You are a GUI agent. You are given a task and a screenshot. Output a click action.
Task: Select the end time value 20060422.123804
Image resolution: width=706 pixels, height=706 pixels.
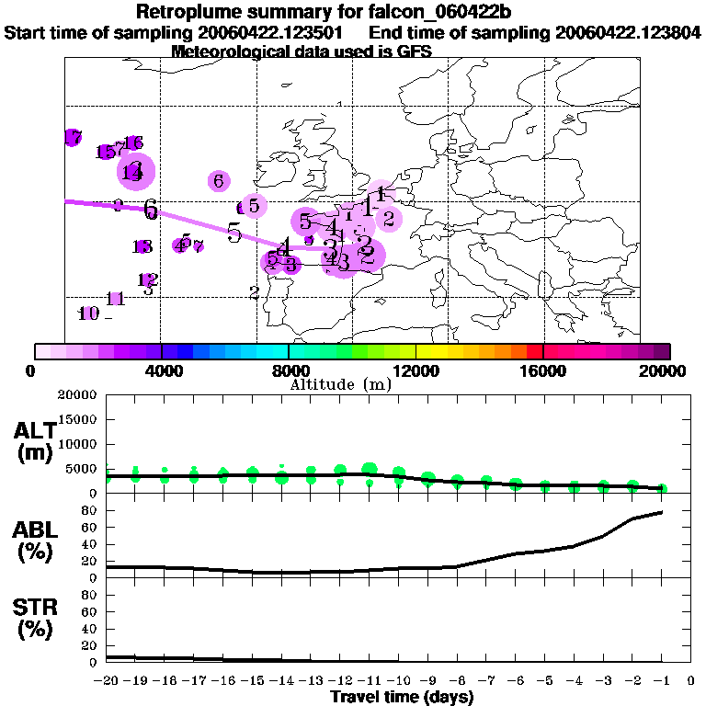pos(628,33)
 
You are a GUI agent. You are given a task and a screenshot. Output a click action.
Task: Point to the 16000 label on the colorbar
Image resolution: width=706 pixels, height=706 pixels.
pos(543,370)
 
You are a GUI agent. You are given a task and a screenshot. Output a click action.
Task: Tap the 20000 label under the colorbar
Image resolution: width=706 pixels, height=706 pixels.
pos(670,370)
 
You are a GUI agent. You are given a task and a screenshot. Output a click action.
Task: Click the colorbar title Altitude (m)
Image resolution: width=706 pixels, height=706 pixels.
pos(340,384)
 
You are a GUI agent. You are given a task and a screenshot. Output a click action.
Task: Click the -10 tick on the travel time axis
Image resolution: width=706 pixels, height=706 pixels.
pos(399,681)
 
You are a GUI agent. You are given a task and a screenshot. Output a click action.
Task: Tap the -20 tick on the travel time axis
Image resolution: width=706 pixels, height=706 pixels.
pos(108,681)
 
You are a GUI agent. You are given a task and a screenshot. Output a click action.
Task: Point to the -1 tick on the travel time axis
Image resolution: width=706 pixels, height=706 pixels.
pos(661,681)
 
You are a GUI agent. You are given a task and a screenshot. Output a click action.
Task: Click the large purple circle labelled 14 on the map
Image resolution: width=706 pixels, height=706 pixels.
pos(135,171)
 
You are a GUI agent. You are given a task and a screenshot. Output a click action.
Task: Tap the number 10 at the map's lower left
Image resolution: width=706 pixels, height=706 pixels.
pos(88,313)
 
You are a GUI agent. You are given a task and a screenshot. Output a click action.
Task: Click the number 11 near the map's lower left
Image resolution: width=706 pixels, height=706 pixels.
pos(116,299)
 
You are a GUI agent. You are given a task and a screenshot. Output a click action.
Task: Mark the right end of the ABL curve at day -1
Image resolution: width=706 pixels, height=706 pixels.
pos(662,512)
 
